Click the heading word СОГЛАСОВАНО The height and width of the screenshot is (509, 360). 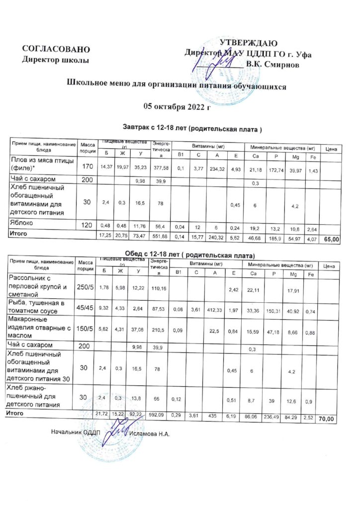[56, 49]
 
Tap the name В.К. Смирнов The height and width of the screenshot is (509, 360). [276, 65]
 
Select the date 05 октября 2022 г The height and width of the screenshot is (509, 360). [177, 106]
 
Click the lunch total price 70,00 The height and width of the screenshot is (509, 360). [326, 420]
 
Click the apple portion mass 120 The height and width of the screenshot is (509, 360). [87, 225]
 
